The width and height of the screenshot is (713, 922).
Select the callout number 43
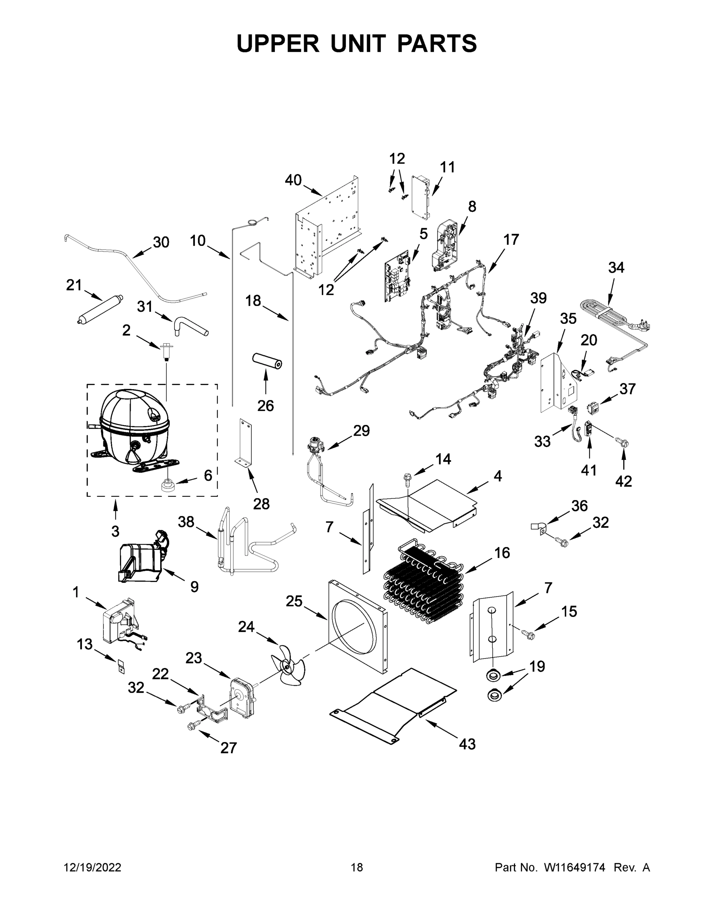467,744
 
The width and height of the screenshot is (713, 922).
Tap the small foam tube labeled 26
267,362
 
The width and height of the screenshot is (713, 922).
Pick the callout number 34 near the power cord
616,267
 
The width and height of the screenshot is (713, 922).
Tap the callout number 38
186,522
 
